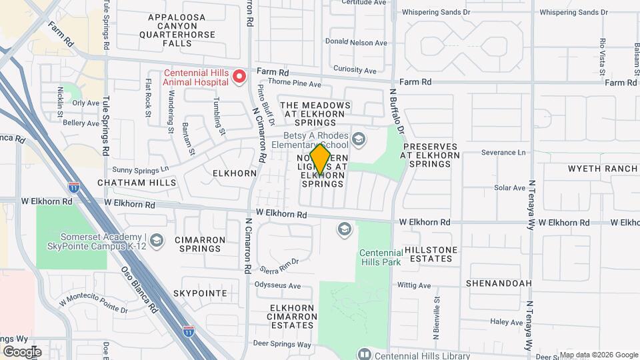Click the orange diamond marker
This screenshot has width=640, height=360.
[x=321, y=160]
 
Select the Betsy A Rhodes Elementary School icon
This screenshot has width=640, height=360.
[x=359, y=139]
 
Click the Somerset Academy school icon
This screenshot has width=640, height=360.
[x=157, y=239]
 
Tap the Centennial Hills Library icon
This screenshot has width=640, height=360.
[x=364, y=354]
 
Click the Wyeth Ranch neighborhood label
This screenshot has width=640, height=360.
[x=603, y=169]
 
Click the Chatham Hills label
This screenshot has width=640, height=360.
[x=137, y=182]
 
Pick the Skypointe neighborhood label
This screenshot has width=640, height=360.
[x=200, y=293]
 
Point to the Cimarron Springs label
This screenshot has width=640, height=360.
[x=197, y=244]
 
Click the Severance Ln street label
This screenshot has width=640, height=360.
[x=503, y=153]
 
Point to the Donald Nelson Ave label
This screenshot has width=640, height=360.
[x=356, y=43]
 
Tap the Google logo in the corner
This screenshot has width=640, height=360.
[x=22, y=351]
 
